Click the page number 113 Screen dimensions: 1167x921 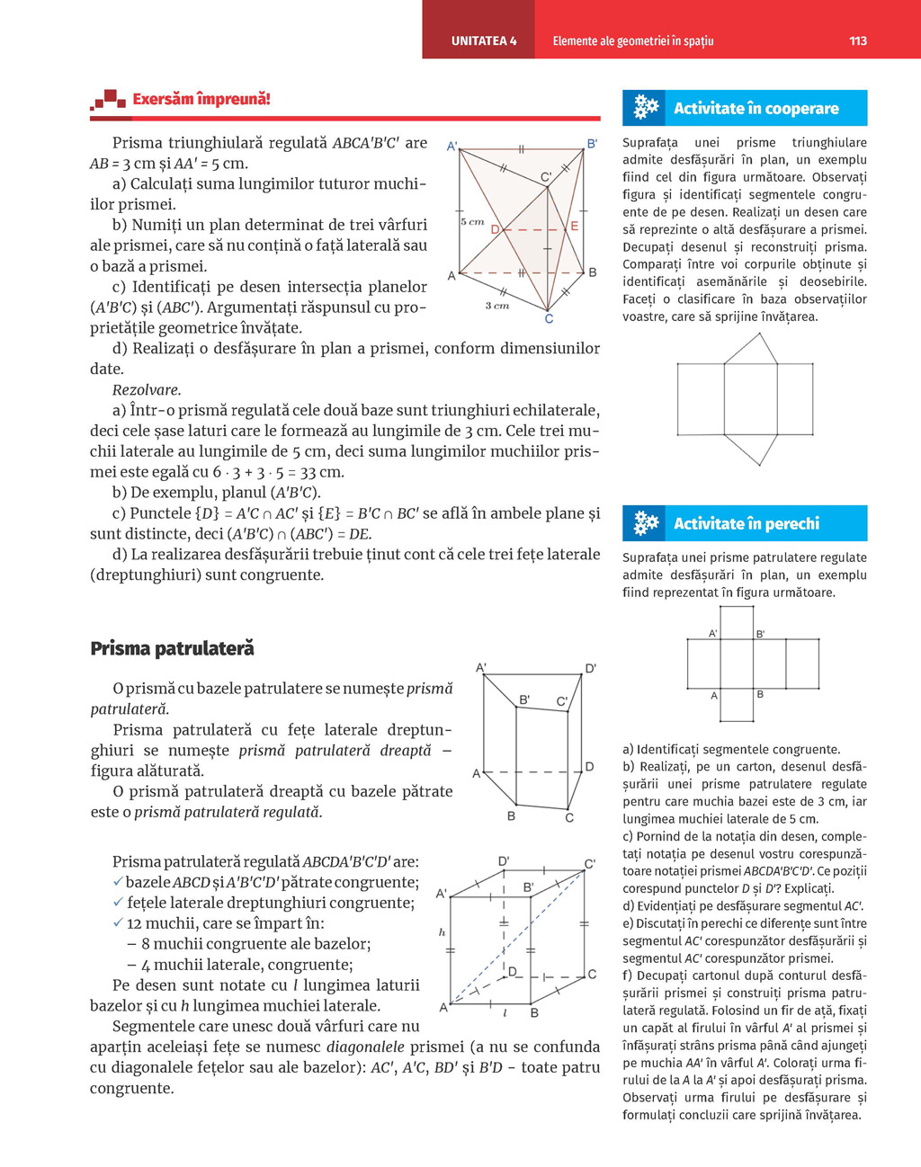click(857, 40)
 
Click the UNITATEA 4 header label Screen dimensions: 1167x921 click(484, 40)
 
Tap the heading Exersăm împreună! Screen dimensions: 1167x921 click(201, 100)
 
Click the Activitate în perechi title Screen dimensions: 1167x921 click(747, 524)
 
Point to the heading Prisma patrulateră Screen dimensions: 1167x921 click(172, 648)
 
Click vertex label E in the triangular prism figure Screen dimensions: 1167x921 click(575, 227)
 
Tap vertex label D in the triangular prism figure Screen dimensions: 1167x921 click(495, 230)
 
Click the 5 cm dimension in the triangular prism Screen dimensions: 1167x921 click(472, 221)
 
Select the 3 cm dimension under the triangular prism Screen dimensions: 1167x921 click(497, 306)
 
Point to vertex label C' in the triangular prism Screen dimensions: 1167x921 click(546, 177)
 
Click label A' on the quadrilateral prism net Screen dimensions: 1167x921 click(713, 634)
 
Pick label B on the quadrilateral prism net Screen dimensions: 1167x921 click(760, 695)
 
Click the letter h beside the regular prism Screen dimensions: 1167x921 click(442, 932)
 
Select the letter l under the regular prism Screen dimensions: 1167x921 click(505, 1012)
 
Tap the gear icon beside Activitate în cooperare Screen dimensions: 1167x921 click(646, 108)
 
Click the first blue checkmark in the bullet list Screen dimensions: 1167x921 click(118, 882)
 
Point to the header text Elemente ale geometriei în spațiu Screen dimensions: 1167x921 click(632, 40)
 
